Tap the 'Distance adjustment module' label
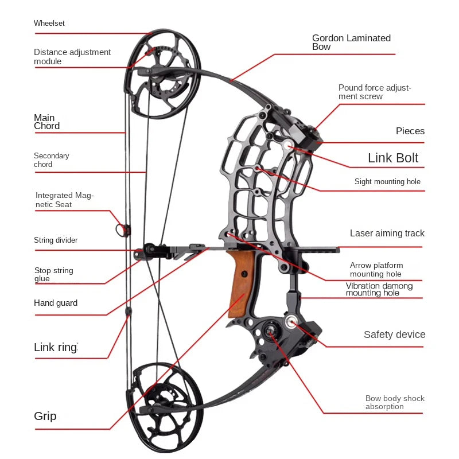pos(72,57)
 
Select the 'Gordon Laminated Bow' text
pos(351,42)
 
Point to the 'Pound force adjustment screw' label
pos(375,92)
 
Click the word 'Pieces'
pos(410,131)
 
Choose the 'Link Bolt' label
pos(393,158)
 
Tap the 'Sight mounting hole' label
pos(387,182)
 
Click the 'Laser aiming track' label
pos(387,234)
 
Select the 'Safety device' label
pos(394,334)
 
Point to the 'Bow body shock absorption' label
pos(395,402)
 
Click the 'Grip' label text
pos(45,416)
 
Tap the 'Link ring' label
pos(56,347)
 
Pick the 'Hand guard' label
pos(56,303)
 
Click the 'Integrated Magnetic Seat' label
pos(64,200)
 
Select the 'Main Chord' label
pos(47,122)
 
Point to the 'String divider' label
pos(56,240)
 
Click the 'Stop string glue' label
pos(53,275)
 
